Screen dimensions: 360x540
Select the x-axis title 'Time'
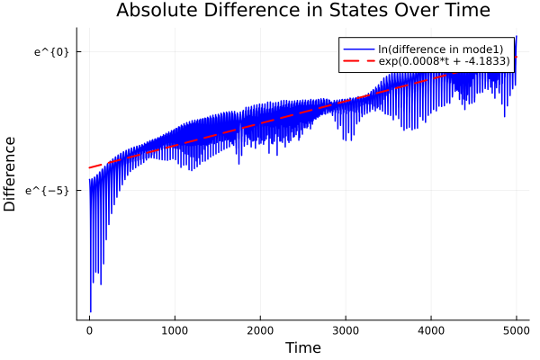(302, 347)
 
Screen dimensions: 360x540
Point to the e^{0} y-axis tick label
(51, 51)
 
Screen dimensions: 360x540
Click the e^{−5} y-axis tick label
(49, 190)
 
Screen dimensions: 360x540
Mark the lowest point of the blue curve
(91, 311)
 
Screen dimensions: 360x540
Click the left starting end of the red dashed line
(89, 167)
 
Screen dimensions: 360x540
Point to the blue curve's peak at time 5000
(517, 36)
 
